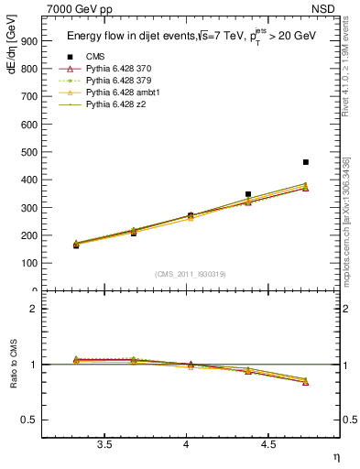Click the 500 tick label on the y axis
pos(29,152)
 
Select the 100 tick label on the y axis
pos(29,263)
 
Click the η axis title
pos(335,457)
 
